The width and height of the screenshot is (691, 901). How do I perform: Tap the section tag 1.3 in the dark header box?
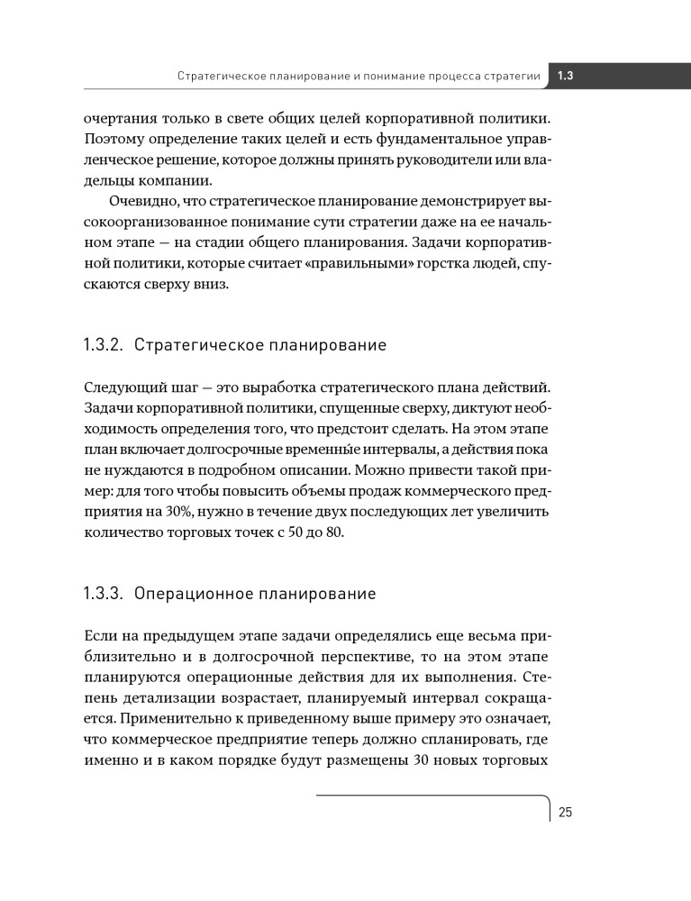(567, 76)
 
